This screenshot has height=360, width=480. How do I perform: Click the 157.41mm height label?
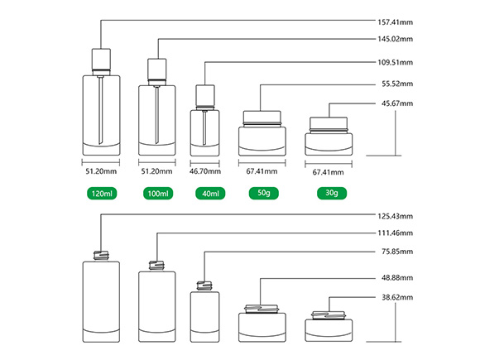point(395,22)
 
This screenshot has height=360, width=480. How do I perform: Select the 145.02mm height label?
point(395,39)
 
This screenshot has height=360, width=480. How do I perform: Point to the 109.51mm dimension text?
point(395,62)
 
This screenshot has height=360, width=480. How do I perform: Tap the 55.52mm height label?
point(397,84)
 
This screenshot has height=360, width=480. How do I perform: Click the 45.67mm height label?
point(397,103)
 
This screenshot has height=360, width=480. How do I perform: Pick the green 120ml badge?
point(102,194)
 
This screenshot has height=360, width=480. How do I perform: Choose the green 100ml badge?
point(158,194)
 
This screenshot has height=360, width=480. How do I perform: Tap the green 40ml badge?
point(210,194)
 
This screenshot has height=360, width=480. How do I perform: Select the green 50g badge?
point(263,193)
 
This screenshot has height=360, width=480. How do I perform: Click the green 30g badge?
point(332,193)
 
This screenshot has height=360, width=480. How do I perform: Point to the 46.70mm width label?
point(205,171)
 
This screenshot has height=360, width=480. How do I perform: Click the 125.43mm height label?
point(395,217)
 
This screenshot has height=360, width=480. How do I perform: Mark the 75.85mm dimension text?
point(397,252)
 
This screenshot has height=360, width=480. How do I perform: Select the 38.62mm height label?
point(397,298)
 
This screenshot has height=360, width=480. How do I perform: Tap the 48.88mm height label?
point(397,278)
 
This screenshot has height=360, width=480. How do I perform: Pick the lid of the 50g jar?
point(262,117)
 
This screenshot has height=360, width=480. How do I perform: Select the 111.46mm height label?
point(395,233)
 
